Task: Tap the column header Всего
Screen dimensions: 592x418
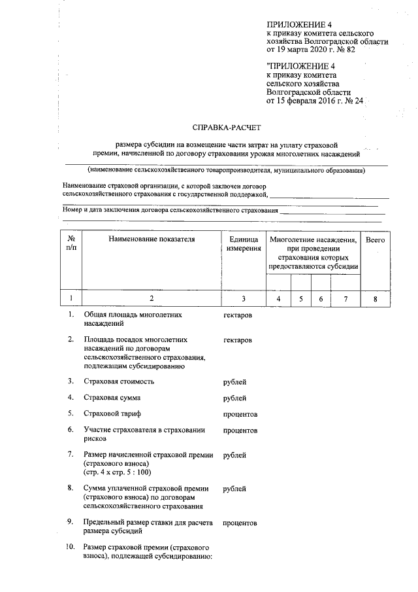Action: (x=375, y=240)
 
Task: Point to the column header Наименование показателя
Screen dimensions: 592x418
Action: (x=152, y=240)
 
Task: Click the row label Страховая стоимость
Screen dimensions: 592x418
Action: (x=119, y=381)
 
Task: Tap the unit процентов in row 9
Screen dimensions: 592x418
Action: (x=240, y=523)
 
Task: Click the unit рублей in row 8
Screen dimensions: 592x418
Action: (x=234, y=489)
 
